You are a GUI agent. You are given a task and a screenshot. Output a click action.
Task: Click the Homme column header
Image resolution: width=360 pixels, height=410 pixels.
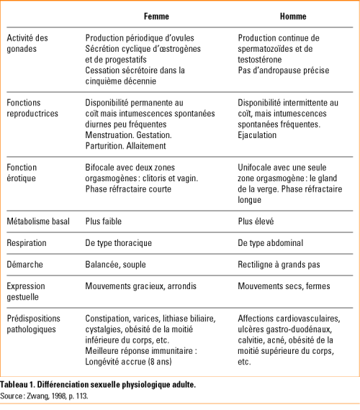click(293, 16)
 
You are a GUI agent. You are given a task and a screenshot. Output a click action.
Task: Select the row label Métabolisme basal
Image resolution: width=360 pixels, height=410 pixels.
click(38, 221)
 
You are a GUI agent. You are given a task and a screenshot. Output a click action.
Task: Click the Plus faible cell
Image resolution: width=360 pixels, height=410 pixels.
click(106, 221)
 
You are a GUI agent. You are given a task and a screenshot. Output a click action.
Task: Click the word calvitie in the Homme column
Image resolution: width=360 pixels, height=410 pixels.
click(251, 340)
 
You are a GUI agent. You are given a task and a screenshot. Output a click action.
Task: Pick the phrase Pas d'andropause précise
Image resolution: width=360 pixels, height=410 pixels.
click(284, 70)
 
